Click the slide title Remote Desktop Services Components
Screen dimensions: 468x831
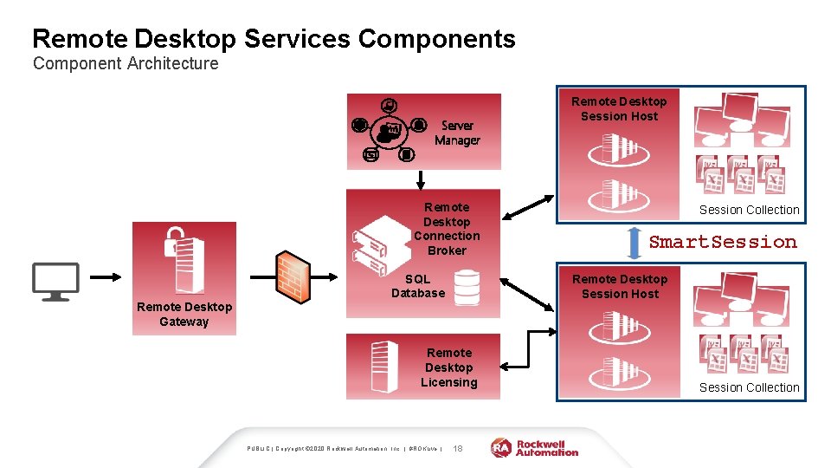coord(274,39)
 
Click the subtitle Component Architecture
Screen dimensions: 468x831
coord(126,64)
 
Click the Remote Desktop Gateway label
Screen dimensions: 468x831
coord(184,314)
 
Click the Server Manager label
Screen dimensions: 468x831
coord(457,133)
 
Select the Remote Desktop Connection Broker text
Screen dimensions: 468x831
coord(447,229)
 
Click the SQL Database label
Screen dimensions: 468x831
coord(418,286)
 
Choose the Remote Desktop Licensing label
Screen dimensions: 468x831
coord(448,367)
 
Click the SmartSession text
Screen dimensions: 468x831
coord(723,242)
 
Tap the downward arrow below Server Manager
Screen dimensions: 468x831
coord(422,179)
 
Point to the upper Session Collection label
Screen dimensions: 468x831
coord(749,210)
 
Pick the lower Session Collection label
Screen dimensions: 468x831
coord(749,387)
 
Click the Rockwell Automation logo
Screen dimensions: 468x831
coord(535,447)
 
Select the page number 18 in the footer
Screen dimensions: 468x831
coord(458,448)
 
